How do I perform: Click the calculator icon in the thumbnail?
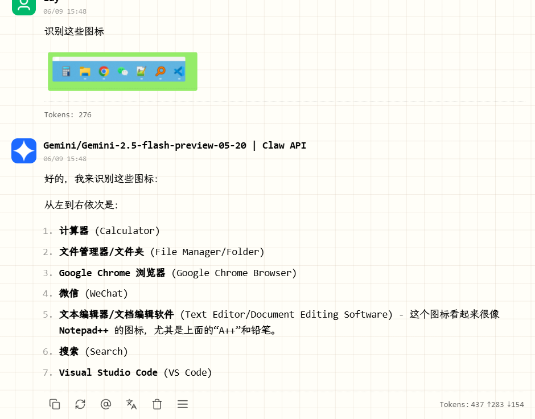(x=66, y=71)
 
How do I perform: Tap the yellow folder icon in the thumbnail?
(x=85, y=71)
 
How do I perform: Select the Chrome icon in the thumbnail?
(x=104, y=71)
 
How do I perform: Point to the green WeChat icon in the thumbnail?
(x=122, y=71)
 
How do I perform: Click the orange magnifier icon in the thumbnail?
(x=160, y=71)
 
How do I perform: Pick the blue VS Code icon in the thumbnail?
(x=179, y=71)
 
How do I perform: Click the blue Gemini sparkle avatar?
(x=24, y=151)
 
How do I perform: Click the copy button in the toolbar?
(x=55, y=404)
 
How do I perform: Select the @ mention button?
(x=106, y=404)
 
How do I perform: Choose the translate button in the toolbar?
(x=131, y=404)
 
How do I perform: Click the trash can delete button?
(x=157, y=404)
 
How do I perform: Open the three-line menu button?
(x=183, y=404)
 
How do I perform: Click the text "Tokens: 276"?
(x=68, y=114)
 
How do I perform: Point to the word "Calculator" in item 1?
(x=127, y=231)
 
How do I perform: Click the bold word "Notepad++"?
(x=84, y=330)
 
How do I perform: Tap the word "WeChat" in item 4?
(x=106, y=293)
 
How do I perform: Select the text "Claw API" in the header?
(x=284, y=145)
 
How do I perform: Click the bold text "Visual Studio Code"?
(x=108, y=372)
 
